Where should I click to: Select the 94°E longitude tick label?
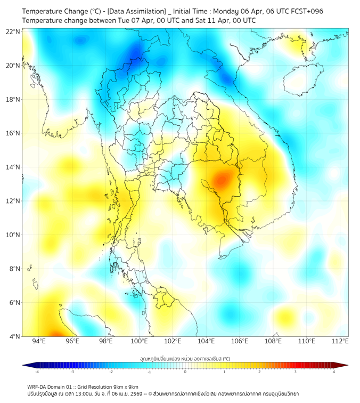39,341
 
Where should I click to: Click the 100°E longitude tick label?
139,341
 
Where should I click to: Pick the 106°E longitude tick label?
240,341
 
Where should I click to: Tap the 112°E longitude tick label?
340,341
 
